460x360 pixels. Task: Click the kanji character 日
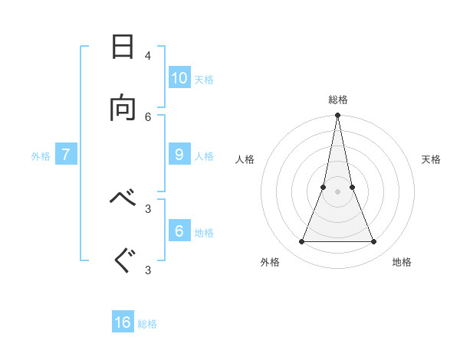point(123,47)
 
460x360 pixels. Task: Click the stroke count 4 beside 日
point(148,55)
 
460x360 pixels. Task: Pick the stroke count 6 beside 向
point(148,116)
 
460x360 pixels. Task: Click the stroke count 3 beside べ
point(148,208)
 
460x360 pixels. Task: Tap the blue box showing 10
point(179,77)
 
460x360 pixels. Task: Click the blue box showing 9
point(179,154)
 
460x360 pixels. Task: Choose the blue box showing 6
point(179,231)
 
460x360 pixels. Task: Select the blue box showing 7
point(66,154)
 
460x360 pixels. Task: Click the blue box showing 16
point(123,322)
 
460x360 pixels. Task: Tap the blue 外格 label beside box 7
point(41,156)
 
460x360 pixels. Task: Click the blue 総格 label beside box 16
point(147,324)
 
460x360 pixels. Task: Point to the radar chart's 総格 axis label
point(338,100)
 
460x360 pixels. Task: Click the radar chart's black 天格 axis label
point(431,159)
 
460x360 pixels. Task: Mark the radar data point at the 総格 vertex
point(338,116)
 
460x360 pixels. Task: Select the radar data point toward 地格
point(374,242)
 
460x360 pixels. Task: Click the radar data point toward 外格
point(301,242)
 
